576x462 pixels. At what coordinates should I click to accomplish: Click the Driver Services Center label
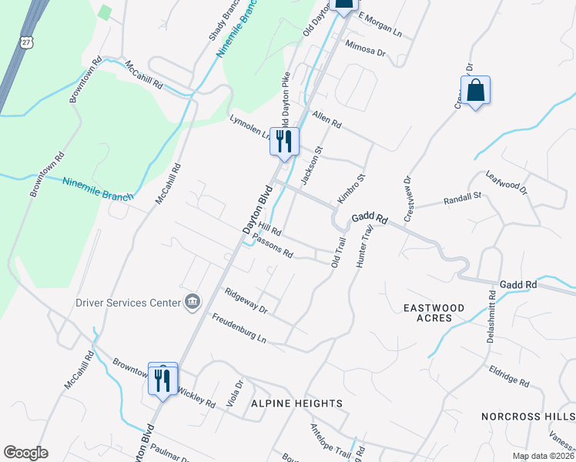(127, 302)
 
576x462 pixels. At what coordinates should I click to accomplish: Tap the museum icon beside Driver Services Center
(193, 302)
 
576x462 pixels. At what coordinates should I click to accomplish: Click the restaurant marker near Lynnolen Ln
(284, 141)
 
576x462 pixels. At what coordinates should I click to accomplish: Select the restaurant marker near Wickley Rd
(162, 380)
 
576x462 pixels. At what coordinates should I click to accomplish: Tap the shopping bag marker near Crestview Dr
(476, 91)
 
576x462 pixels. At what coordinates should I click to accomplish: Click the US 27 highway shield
(27, 44)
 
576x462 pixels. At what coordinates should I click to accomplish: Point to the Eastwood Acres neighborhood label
(434, 313)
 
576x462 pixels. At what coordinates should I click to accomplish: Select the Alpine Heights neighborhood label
(296, 403)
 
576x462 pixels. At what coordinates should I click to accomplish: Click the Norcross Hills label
(527, 416)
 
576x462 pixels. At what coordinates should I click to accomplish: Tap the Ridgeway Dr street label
(245, 300)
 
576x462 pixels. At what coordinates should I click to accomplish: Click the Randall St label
(462, 200)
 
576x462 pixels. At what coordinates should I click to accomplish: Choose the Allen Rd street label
(327, 119)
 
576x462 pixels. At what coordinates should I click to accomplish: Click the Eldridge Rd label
(509, 377)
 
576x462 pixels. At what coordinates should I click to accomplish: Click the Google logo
(25, 453)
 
